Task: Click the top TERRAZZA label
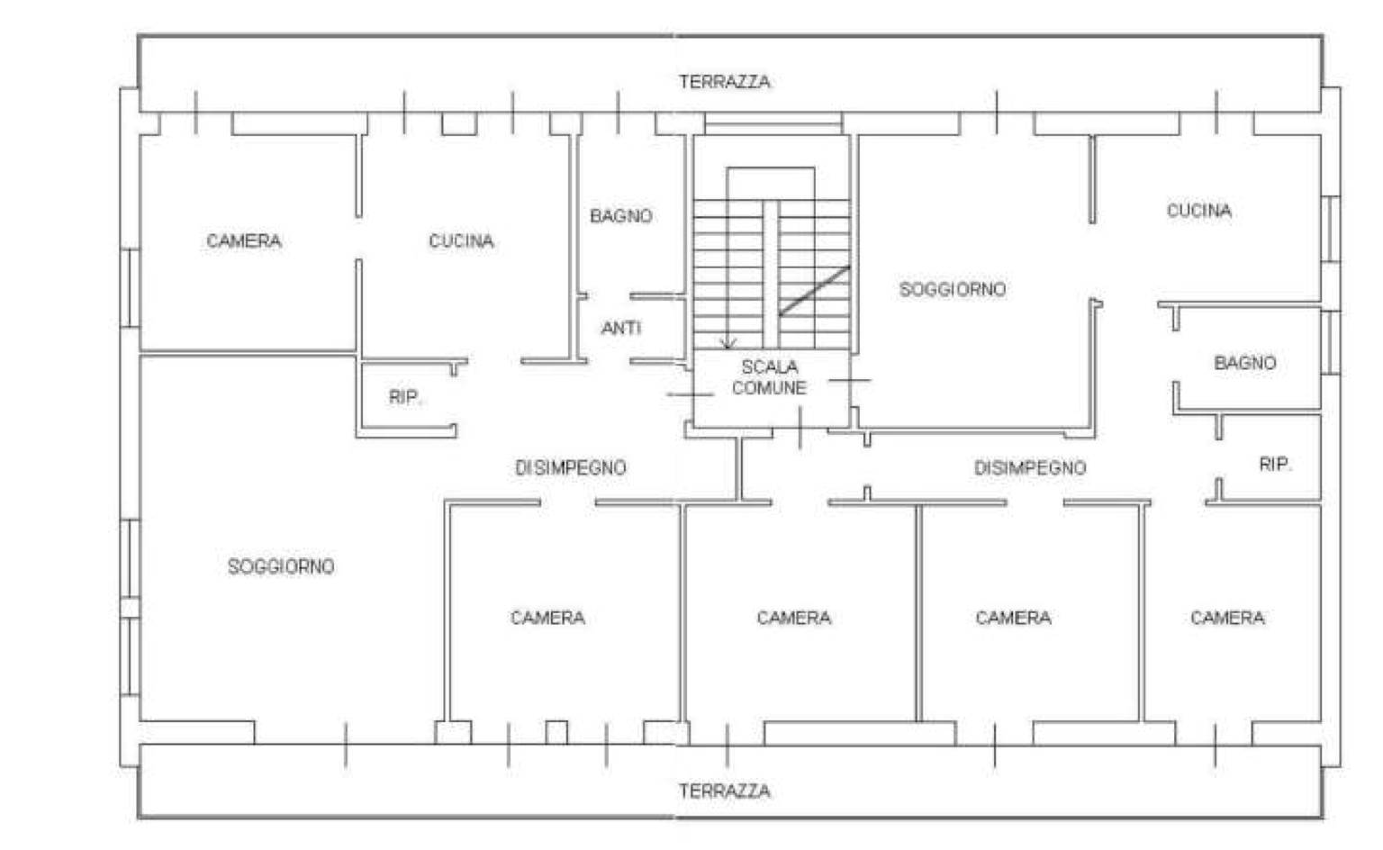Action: point(724,81)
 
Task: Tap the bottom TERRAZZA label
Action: point(724,791)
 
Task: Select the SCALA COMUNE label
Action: point(769,377)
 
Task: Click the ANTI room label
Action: point(621,328)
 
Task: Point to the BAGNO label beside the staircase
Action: point(621,216)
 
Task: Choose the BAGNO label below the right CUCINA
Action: point(1244,362)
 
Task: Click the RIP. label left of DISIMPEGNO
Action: point(405,397)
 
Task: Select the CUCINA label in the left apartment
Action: point(461,240)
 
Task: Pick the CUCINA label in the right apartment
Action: point(1199,211)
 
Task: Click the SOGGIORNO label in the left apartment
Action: point(281,566)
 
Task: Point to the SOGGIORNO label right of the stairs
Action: point(952,290)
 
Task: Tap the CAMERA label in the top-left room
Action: point(244,240)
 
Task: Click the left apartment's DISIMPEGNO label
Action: point(571,468)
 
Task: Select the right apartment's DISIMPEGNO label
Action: point(1030,468)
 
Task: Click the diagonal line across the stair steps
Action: point(814,291)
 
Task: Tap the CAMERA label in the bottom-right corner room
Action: point(1227,618)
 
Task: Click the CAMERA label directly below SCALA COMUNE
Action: point(794,618)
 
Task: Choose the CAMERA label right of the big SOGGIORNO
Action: point(547,618)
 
